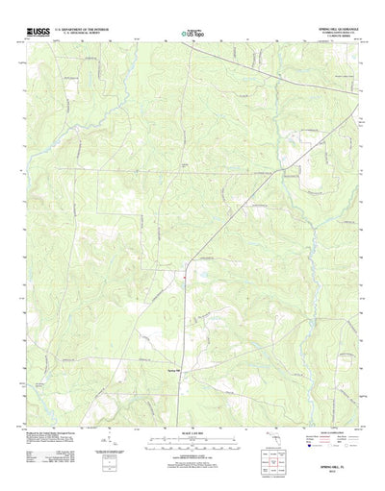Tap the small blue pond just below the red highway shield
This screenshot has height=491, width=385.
pos(180,284)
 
